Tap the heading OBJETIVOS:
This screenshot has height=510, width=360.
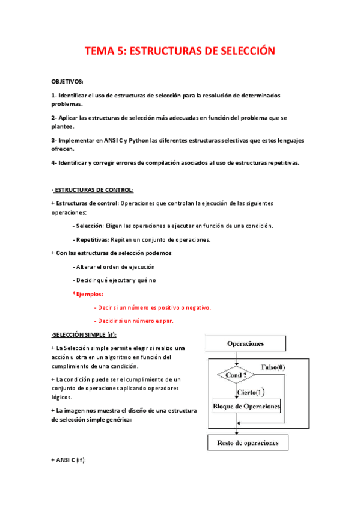tap(67, 81)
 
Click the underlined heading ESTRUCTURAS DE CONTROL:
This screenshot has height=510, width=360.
tap(94, 190)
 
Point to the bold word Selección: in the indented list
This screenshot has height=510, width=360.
tap(89, 226)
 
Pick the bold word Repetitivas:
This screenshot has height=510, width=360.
tap(92, 239)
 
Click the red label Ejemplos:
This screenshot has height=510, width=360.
tap(88, 294)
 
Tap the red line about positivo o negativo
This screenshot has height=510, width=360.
tap(153, 307)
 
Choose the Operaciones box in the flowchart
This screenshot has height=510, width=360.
tap(245, 344)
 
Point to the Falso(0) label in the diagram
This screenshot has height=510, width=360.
tap(273, 367)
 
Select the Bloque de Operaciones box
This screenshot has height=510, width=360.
tap(247, 407)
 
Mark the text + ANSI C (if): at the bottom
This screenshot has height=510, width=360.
tap(69, 459)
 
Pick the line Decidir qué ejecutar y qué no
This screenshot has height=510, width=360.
tap(115, 280)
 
